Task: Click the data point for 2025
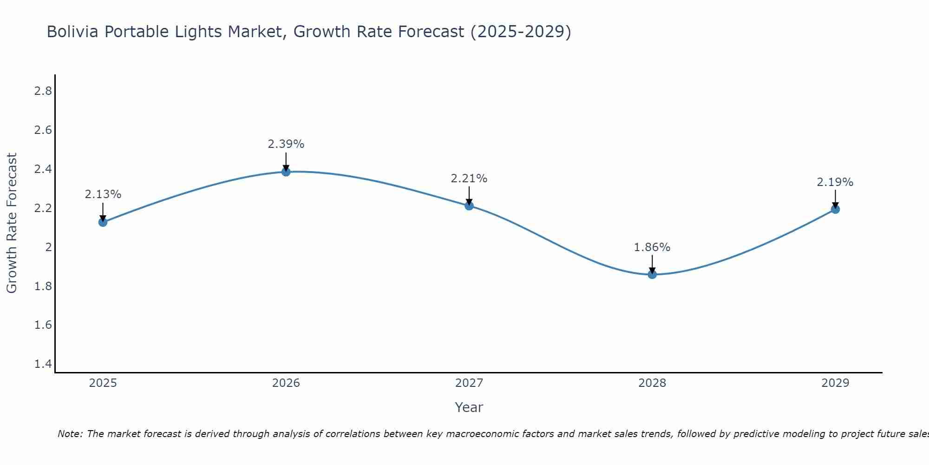point(103,222)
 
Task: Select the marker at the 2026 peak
point(286,172)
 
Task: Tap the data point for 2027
point(469,206)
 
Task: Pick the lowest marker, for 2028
point(652,274)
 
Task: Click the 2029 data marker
point(835,209)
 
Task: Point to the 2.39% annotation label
point(286,144)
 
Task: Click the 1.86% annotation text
point(652,247)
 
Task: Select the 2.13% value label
point(103,194)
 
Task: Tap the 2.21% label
point(469,179)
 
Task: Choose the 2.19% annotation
point(835,182)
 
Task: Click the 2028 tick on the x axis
point(652,383)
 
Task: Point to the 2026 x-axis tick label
point(286,383)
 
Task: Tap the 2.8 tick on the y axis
point(43,91)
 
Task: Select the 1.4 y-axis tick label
point(43,364)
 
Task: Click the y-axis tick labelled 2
point(48,247)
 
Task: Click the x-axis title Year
point(469,407)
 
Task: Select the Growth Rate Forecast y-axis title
point(12,223)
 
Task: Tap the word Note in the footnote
point(70,434)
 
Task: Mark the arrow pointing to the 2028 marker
point(652,264)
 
